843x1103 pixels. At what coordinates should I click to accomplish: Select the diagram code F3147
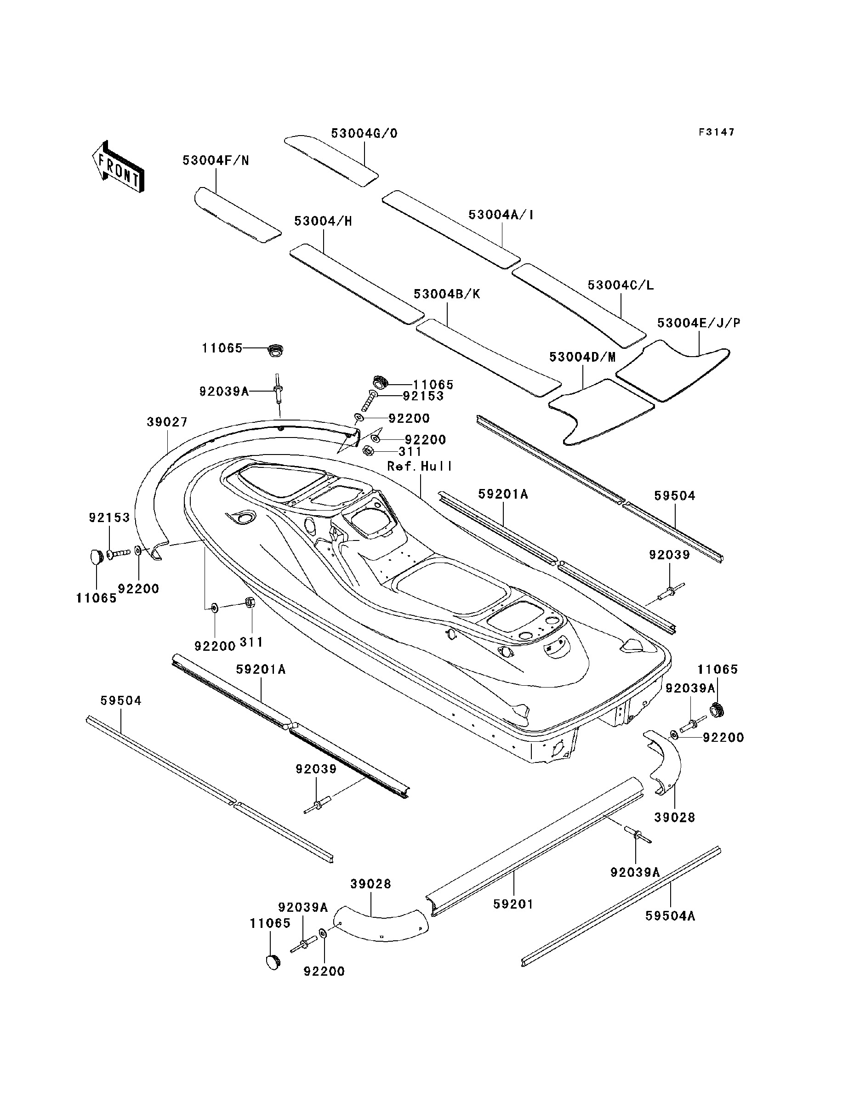[x=717, y=132]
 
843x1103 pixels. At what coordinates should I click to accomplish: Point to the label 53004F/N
[x=216, y=160]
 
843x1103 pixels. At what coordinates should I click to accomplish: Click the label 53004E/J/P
[x=699, y=323]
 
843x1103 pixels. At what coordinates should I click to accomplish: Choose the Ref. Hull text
[x=420, y=466]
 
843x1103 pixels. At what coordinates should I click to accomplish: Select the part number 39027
[x=167, y=422]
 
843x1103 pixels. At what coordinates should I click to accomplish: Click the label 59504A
[x=670, y=916]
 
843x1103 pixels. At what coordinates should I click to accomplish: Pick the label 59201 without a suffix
[x=513, y=904]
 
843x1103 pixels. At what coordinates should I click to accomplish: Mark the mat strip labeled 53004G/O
[x=331, y=160]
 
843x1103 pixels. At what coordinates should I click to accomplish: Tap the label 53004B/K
[x=447, y=294]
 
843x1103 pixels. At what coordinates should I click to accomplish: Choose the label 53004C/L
[x=621, y=285]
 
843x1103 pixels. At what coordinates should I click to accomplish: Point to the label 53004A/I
[x=501, y=215]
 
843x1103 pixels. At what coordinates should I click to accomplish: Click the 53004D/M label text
[x=582, y=357]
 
